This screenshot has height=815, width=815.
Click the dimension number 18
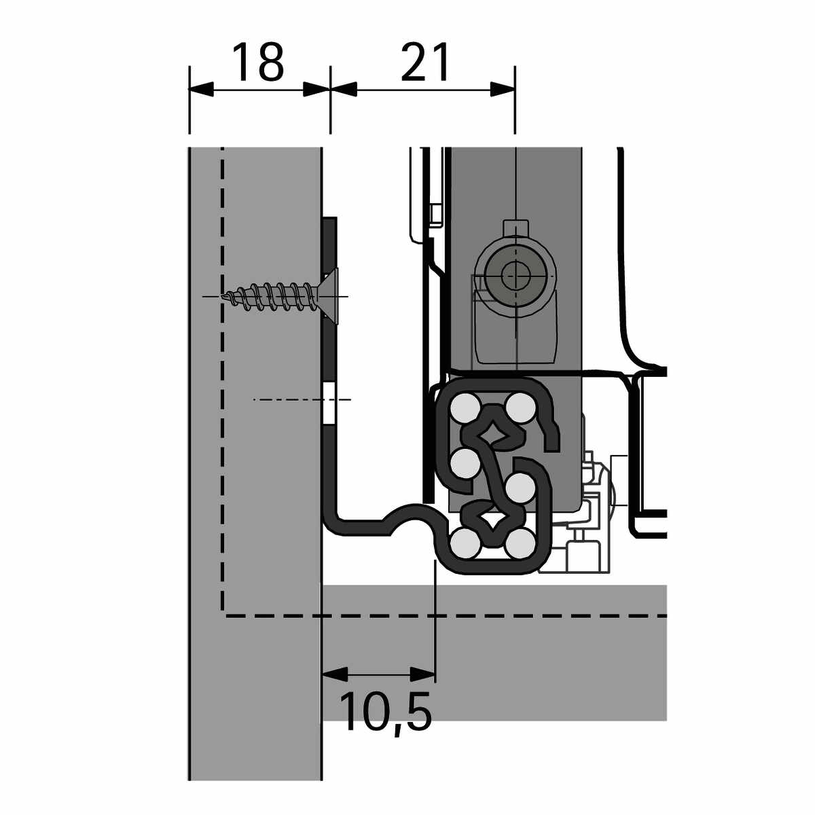click(257, 62)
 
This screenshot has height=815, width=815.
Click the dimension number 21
click(424, 62)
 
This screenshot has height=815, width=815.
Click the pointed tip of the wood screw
click(223, 297)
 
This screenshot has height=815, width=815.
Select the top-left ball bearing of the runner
click(465, 407)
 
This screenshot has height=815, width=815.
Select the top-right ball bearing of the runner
click(520, 407)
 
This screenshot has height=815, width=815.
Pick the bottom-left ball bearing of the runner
click(465, 544)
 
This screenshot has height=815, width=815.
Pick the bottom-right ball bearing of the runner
click(520, 544)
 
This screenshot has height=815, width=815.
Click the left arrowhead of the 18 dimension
click(201, 90)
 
